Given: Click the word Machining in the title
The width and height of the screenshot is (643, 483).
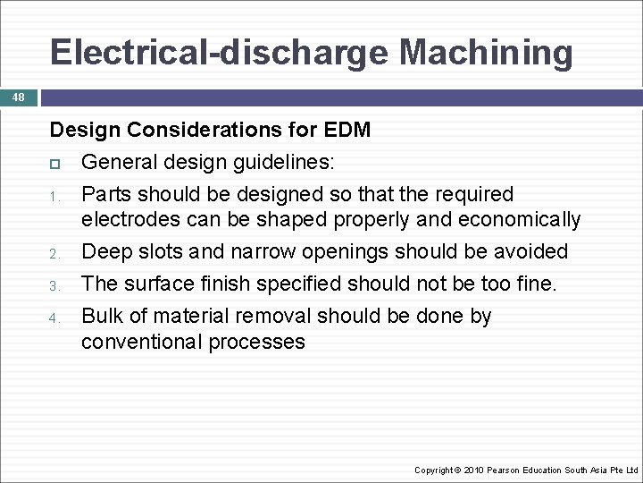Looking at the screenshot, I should point(486,52).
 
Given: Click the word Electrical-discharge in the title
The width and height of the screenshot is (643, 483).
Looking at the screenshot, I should point(220,52).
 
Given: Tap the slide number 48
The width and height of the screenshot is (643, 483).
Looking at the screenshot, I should point(19,97).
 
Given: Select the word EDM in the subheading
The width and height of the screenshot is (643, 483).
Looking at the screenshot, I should point(347,130).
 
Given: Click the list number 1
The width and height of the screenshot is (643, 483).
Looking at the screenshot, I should point(54,196).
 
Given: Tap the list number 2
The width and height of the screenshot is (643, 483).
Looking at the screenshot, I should point(54,256).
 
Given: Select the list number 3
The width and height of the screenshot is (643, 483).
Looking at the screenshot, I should point(54,286).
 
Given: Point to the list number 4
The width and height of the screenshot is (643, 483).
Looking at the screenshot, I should point(54,318).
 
